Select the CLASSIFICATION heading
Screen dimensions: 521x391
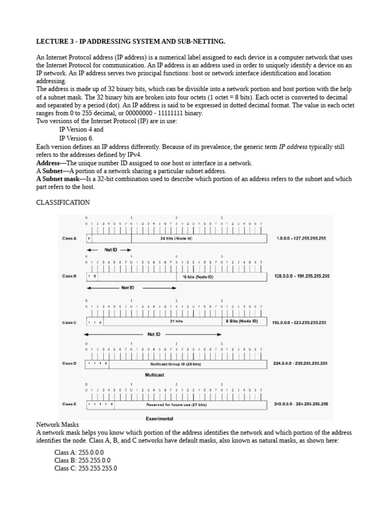click(63, 202)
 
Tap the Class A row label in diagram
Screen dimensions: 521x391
click(69, 238)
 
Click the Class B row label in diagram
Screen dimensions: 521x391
click(69, 276)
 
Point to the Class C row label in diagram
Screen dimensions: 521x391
click(69, 322)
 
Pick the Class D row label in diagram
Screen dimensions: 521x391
click(69, 363)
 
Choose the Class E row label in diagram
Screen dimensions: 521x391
click(69, 404)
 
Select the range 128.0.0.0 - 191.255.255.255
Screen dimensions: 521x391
click(301, 276)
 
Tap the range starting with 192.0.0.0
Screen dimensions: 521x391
click(299, 322)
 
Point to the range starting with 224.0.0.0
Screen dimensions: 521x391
click(300, 363)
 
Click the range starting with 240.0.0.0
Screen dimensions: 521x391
click(301, 404)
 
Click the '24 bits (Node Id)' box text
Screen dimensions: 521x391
click(176, 238)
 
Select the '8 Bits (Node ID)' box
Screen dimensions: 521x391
click(241, 321)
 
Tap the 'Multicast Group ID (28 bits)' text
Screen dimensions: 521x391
click(176, 364)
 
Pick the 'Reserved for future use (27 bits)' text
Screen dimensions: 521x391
click(176, 404)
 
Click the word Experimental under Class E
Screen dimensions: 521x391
click(159, 419)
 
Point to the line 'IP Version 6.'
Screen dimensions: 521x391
click(76, 138)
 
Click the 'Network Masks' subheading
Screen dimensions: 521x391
click(57, 424)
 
